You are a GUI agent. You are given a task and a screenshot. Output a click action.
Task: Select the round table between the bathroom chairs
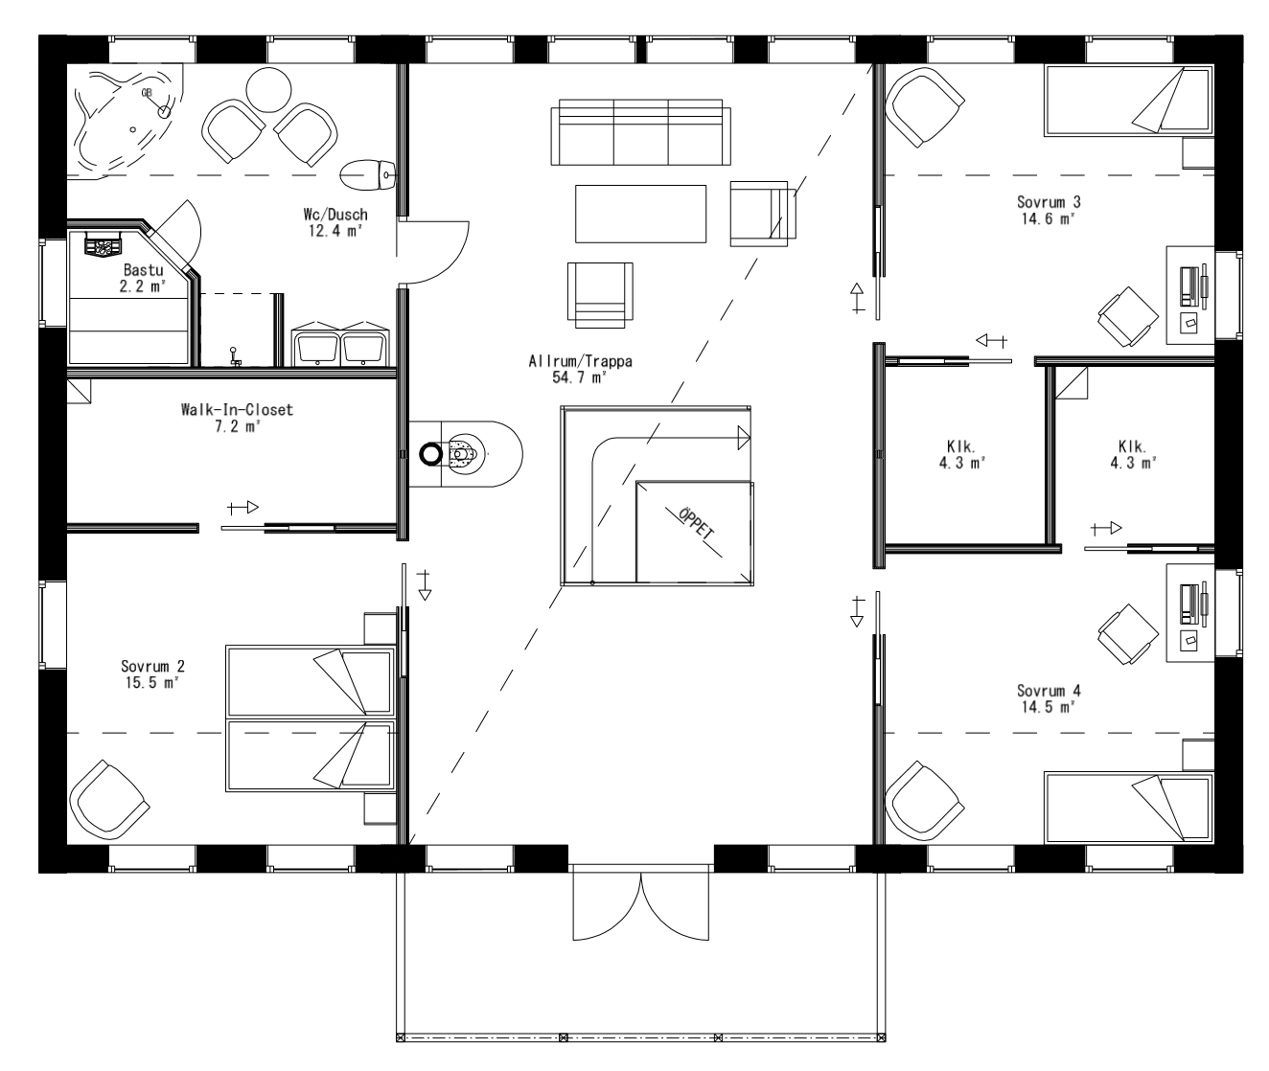(x=268, y=90)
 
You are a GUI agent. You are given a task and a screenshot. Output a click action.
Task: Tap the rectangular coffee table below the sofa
(x=640, y=213)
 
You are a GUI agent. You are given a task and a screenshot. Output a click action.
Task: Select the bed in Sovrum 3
(x=1127, y=100)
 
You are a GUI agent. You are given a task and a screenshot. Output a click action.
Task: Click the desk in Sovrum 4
(x=1188, y=611)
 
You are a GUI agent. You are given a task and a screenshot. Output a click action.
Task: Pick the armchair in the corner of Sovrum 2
(x=106, y=801)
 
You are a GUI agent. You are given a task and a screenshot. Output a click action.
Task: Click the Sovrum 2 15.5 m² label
(x=151, y=674)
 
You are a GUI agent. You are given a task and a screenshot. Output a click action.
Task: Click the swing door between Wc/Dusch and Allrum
(x=433, y=251)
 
